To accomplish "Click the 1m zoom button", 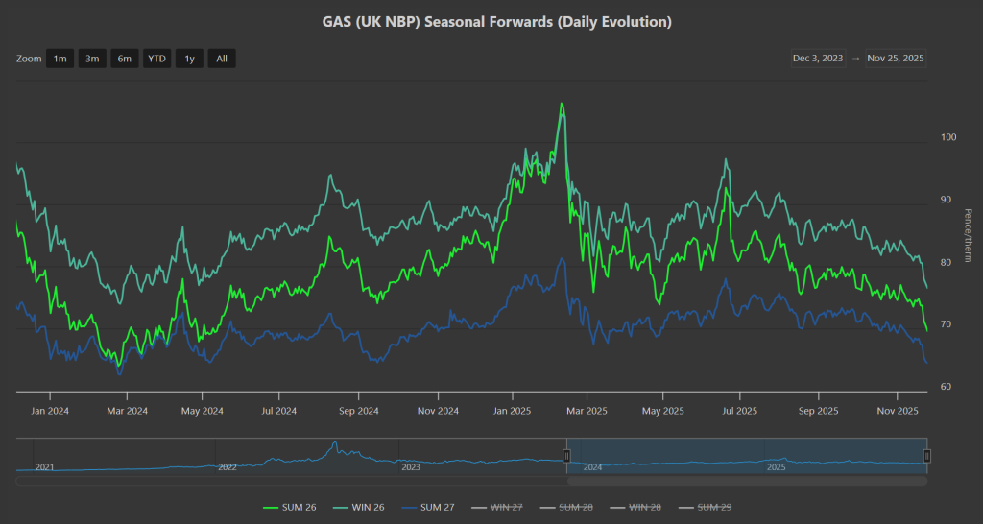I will tap(60, 59).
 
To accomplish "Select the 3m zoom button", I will tap(92, 59).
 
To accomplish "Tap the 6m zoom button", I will tap(124, 59).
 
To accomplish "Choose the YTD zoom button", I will tap(156, 59).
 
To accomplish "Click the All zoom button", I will tap(221, 59).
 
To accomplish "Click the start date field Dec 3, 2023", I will tap(818, 58).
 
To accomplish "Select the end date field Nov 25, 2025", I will tap(896, 58).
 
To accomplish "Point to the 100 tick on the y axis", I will tap(948, 137).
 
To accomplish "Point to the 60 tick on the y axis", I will tap(947, 387).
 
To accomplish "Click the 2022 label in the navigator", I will tap(228, 467).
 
